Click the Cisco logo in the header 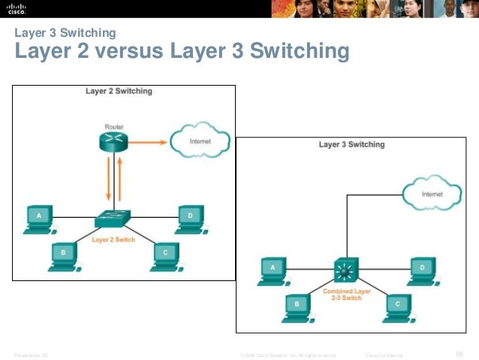tap(17, 8)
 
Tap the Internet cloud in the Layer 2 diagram tap(200, 140)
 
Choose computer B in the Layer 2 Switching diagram tap(64, 254)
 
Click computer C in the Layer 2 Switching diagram tap(164, 254)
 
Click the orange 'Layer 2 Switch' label tap(113, 240)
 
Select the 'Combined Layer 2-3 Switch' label tap(347, 294)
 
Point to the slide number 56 tap(460, 353)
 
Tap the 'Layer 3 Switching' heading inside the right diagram tap(351, 144)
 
